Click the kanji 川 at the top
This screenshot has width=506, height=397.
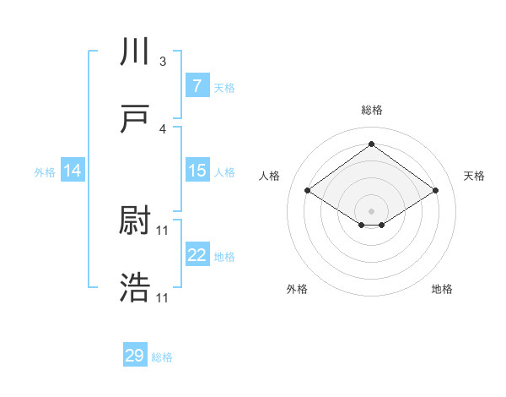click(x=135, y=52)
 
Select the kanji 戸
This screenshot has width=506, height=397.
click(x=135, y=119)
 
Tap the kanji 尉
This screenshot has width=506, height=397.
click(x=135, y=221)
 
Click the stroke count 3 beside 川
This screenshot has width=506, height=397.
click(x=163, y=62)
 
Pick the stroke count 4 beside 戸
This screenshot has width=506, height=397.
click(x=163, y=129)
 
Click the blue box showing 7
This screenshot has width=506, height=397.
click(x=196, y=86)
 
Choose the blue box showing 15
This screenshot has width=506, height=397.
click(x=196, y=171)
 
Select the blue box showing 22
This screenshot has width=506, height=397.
click(x=196, y=255)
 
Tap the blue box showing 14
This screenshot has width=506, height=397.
click(x=73, y=171)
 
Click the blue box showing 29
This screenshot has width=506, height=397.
click(x=135, y=356)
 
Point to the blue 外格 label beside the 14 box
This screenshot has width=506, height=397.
click(x=45, y=171)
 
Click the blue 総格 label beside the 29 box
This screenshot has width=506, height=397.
click(x=162, y=357)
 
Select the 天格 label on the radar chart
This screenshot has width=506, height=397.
click(x=474, y=176)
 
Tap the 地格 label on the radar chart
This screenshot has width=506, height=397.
click(x=442, y=289)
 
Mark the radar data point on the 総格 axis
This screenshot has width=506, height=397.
click(x=371, y=144)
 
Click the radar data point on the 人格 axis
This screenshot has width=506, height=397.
click(x=308, y=191)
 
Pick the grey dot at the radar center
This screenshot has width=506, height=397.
click(x=371, y=210)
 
